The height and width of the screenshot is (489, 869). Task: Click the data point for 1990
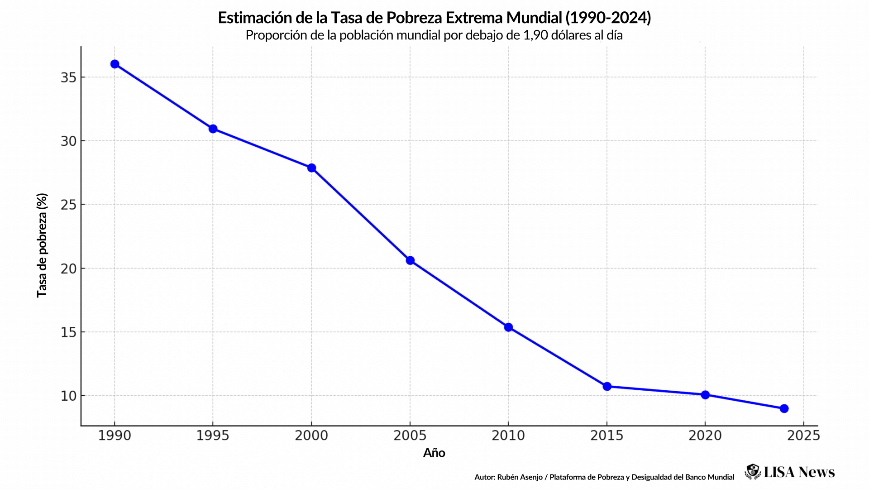tap(115, 64)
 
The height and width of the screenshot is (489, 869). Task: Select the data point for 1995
tap(213, 129)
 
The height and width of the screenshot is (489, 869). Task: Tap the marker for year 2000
tap(311, 168)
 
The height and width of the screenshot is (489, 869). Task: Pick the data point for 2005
tap(410, 260)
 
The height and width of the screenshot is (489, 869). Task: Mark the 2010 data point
tap(508, 327)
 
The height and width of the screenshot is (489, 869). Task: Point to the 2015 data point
tap(607, 386)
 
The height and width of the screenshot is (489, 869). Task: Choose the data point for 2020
tap(705, 395)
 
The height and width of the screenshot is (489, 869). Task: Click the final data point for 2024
tap(784, 408)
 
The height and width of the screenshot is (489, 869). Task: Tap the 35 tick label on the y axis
tap(68, 78)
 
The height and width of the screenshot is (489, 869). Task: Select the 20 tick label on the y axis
tap(68, 269)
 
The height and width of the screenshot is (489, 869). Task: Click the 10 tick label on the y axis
tap(68, 396)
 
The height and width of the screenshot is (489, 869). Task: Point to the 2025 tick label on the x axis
tap(803, 436)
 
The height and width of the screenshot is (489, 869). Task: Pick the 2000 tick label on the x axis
tap(311, 436)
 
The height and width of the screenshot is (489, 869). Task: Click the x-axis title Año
tap(434, 453)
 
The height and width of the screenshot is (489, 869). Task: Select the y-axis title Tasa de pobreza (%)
tap(42, 245)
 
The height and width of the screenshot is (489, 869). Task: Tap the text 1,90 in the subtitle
tap(535, 35)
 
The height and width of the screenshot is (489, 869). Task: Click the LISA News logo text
tap(799, 472)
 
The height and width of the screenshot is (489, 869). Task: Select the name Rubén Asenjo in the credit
tap(520, 477)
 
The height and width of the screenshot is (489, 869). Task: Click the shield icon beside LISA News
tap(753, 471)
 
